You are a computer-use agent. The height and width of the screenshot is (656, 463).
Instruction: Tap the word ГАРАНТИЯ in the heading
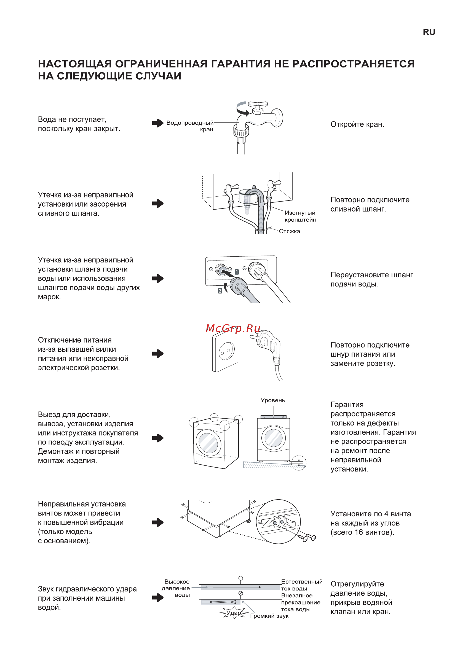[240, 64]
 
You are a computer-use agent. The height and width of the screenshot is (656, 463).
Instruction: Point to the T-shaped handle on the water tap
[258, 105]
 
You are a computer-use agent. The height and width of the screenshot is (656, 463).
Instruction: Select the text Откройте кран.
[357, 124]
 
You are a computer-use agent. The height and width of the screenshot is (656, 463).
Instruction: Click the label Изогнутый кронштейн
[300, 216]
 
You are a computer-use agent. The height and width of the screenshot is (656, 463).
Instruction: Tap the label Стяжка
[289, 231]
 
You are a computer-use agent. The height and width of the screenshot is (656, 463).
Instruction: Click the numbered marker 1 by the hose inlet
[237, 272]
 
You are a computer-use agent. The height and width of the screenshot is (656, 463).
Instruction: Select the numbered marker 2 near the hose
[220, 291]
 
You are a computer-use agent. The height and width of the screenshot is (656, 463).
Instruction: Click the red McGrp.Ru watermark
[233, 329]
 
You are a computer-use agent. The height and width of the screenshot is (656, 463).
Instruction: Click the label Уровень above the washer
[273, 400]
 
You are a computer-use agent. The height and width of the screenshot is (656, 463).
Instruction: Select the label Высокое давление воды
[176, 588]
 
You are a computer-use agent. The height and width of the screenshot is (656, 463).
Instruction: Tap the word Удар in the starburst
[234, 613]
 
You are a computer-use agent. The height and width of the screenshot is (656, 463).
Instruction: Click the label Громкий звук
[269, 616]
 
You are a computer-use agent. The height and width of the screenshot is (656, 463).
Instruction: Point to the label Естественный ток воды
[301, 585]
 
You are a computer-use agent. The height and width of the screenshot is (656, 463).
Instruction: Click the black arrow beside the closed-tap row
[158, 123]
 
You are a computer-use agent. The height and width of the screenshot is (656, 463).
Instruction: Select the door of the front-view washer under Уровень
[274, 437]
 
